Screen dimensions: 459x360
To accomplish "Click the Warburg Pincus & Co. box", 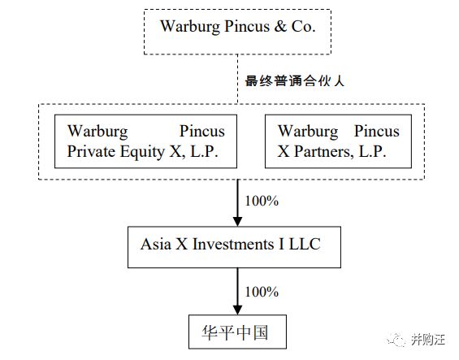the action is [x=237, y=32].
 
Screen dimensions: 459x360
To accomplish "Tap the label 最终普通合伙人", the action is [x=294, y=80].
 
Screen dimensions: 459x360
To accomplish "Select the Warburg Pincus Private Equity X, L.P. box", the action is [x=145, y=141].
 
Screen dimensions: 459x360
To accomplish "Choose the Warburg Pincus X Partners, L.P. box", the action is [x=338, y=141].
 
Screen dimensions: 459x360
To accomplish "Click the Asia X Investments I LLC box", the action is [x=234, y=247].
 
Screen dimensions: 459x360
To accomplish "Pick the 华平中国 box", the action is [x=237, y=332].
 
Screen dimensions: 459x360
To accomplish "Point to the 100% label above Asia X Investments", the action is [x=262, y=201].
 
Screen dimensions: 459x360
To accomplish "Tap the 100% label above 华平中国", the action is [x=262, y=292].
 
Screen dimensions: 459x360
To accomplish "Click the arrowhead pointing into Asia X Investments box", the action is [x=237, y=222].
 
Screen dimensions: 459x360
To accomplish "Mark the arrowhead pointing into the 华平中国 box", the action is [x=237, y=310].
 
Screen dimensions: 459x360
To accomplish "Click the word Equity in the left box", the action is [x=142, y=152].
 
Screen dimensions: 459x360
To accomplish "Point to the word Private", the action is [x=91, y=151].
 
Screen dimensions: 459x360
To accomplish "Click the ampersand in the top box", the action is [x=280, y=26].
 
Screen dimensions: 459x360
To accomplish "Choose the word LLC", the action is [x=305, y=245].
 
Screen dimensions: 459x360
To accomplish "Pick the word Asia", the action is [x=156, y=245].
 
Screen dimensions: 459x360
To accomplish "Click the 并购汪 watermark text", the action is [x=428, y=340].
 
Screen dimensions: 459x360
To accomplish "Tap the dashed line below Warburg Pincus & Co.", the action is [x=237, y=79].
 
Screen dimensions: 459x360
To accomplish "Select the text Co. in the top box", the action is [x=303, y=26].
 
